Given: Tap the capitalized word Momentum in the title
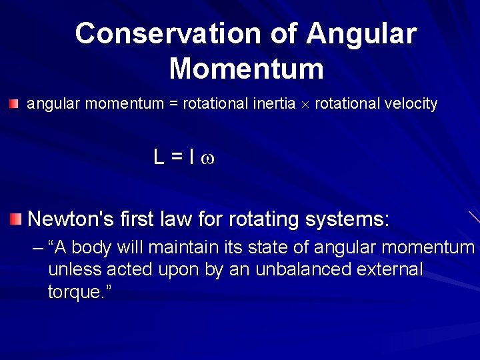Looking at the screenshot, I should coord(246,69).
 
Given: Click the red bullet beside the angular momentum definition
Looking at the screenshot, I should coord(14,103).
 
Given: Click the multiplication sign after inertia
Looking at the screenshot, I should coord(305,105).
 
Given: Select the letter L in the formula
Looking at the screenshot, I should coord(159,157).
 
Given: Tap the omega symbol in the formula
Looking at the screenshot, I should coord(207,159).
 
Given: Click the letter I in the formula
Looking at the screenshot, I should coord(191,157).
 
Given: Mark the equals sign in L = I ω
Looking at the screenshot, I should coord(177,158).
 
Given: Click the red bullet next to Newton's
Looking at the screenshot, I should coord(15,218).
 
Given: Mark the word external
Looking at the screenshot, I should coord(390,269).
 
